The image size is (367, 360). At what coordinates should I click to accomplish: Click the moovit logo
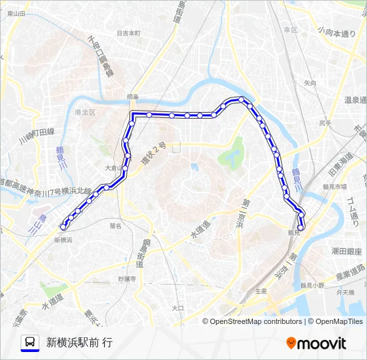pyautogui.click(x=316, y=343)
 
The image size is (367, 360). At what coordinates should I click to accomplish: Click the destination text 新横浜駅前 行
pyautogui.click(x=79, y=343)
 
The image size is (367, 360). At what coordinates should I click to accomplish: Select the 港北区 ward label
pyautogui.click(x=85, y=113)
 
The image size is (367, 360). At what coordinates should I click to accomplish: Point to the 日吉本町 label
pyautogui.click(x=128, y=33)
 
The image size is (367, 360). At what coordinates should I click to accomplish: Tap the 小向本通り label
pyautogui.click(x=337, y=32)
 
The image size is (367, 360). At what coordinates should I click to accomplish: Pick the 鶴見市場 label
pyautogui.click(x=332, y=187)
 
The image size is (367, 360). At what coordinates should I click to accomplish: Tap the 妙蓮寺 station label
pyautogui.click(x=127, y=279)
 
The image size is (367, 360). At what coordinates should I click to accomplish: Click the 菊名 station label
pyautogui.click(x=115, y=226)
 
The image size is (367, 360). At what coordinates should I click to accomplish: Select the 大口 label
pyautogui.click(x=177, y=308)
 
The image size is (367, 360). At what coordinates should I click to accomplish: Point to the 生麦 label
pyautogui.click(x=262, y=291)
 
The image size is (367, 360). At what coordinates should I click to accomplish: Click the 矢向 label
pyautogui.click(x=310, y=83)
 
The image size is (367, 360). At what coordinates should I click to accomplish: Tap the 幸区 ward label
pyautogui.click(x=290, y=30)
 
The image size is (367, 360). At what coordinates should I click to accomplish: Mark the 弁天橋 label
pyautogui.click(x=346, y=292)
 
